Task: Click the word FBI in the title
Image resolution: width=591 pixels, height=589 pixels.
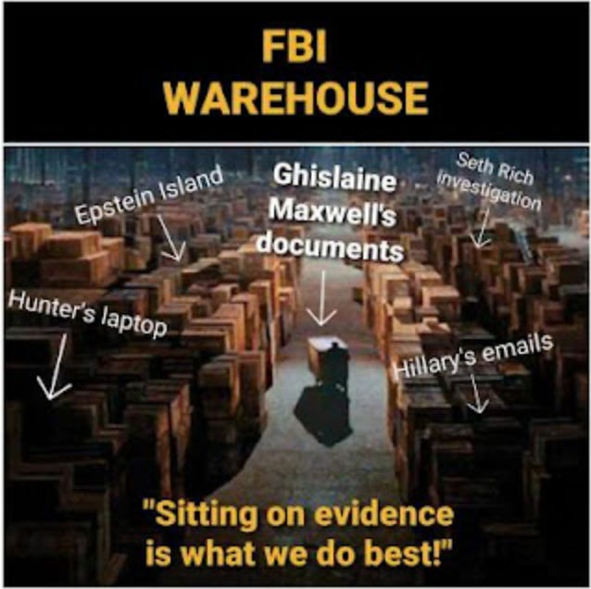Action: coord(295,47)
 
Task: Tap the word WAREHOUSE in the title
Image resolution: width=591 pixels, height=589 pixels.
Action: coord(295,95)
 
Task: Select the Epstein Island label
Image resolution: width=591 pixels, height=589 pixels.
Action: coord(148,195)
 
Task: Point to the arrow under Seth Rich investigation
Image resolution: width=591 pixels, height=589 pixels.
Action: coord(479,226)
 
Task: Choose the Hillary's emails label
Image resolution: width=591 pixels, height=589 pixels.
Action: coord(474,356)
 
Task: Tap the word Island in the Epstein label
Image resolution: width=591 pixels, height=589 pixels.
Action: coord(190,183)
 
